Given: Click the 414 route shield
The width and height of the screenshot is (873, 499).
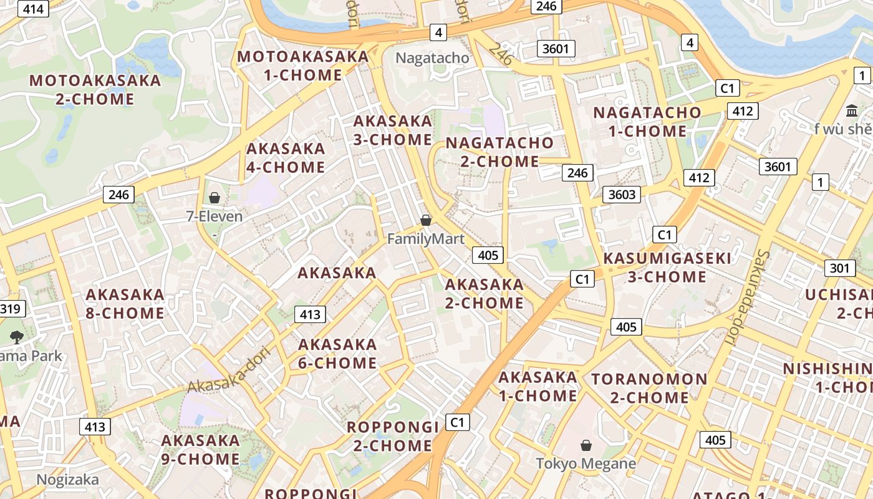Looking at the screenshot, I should (x=33, y=9).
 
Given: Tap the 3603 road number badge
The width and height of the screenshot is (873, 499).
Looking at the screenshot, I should (x=622, y=195).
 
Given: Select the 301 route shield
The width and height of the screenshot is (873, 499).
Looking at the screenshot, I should (x=839, y=268).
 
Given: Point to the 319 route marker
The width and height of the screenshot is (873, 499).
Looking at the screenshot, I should (x=11, y=308).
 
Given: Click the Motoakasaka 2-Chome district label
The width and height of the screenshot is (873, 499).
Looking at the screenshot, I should (x=95, y=90).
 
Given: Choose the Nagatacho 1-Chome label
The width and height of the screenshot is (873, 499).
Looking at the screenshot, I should (x=647, y=122).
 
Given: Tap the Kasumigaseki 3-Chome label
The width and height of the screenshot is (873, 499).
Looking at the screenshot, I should (x=667, y=267).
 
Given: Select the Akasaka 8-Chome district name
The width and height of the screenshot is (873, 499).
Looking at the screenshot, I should (x=125, y=304).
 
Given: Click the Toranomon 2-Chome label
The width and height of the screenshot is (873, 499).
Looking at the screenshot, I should (x=649, y=388).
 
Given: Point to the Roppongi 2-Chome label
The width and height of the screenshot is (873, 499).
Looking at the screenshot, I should (x=393, y=436).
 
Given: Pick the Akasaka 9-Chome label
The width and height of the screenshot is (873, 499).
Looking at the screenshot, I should (x=200, y=450).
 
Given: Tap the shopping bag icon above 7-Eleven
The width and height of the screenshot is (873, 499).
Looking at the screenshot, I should (x=215, y=198).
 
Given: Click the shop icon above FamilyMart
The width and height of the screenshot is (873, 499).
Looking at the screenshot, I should (x=426, y=220).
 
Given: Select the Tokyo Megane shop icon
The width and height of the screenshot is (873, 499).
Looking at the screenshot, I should (x=586, y=445).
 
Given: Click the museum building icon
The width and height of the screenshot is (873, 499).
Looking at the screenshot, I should (x=851, y=110).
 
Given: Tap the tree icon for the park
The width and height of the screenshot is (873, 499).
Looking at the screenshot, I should (x=17, y=337).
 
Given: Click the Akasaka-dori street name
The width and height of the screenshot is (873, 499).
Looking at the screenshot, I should (x=222, y=375).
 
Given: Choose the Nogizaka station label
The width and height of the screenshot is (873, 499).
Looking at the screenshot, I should (x=67, y=480).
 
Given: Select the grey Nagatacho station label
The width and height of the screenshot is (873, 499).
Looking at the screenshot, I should (x=433, y=58).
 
